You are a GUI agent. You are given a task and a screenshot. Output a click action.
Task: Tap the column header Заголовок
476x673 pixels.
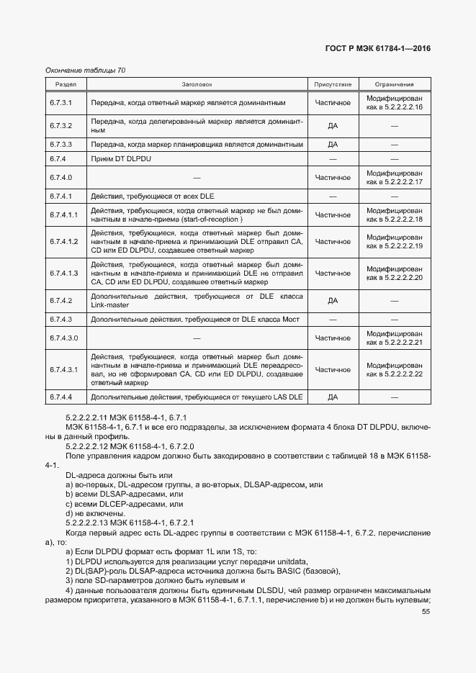click(197, 84)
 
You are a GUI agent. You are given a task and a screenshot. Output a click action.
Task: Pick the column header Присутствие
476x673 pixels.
click(333, 84)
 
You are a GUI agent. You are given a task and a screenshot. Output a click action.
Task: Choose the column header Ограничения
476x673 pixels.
click(394, 84)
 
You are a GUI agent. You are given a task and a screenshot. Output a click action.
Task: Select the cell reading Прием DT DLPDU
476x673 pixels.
click(121, 158)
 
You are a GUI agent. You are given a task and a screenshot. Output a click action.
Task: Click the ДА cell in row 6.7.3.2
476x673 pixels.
click(333, 126)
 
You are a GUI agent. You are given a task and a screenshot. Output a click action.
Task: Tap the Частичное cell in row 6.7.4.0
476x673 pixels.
click(333, 177)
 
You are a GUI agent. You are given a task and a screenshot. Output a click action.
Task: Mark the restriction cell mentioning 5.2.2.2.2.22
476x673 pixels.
click(394, 369)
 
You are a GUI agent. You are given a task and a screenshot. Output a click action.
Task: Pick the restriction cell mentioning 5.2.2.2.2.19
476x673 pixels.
click(394, 242)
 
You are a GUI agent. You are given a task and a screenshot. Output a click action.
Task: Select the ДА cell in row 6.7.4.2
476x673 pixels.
click(333, 301)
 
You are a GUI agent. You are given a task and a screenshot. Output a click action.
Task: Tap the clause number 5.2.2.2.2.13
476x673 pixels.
click(91, 523)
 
